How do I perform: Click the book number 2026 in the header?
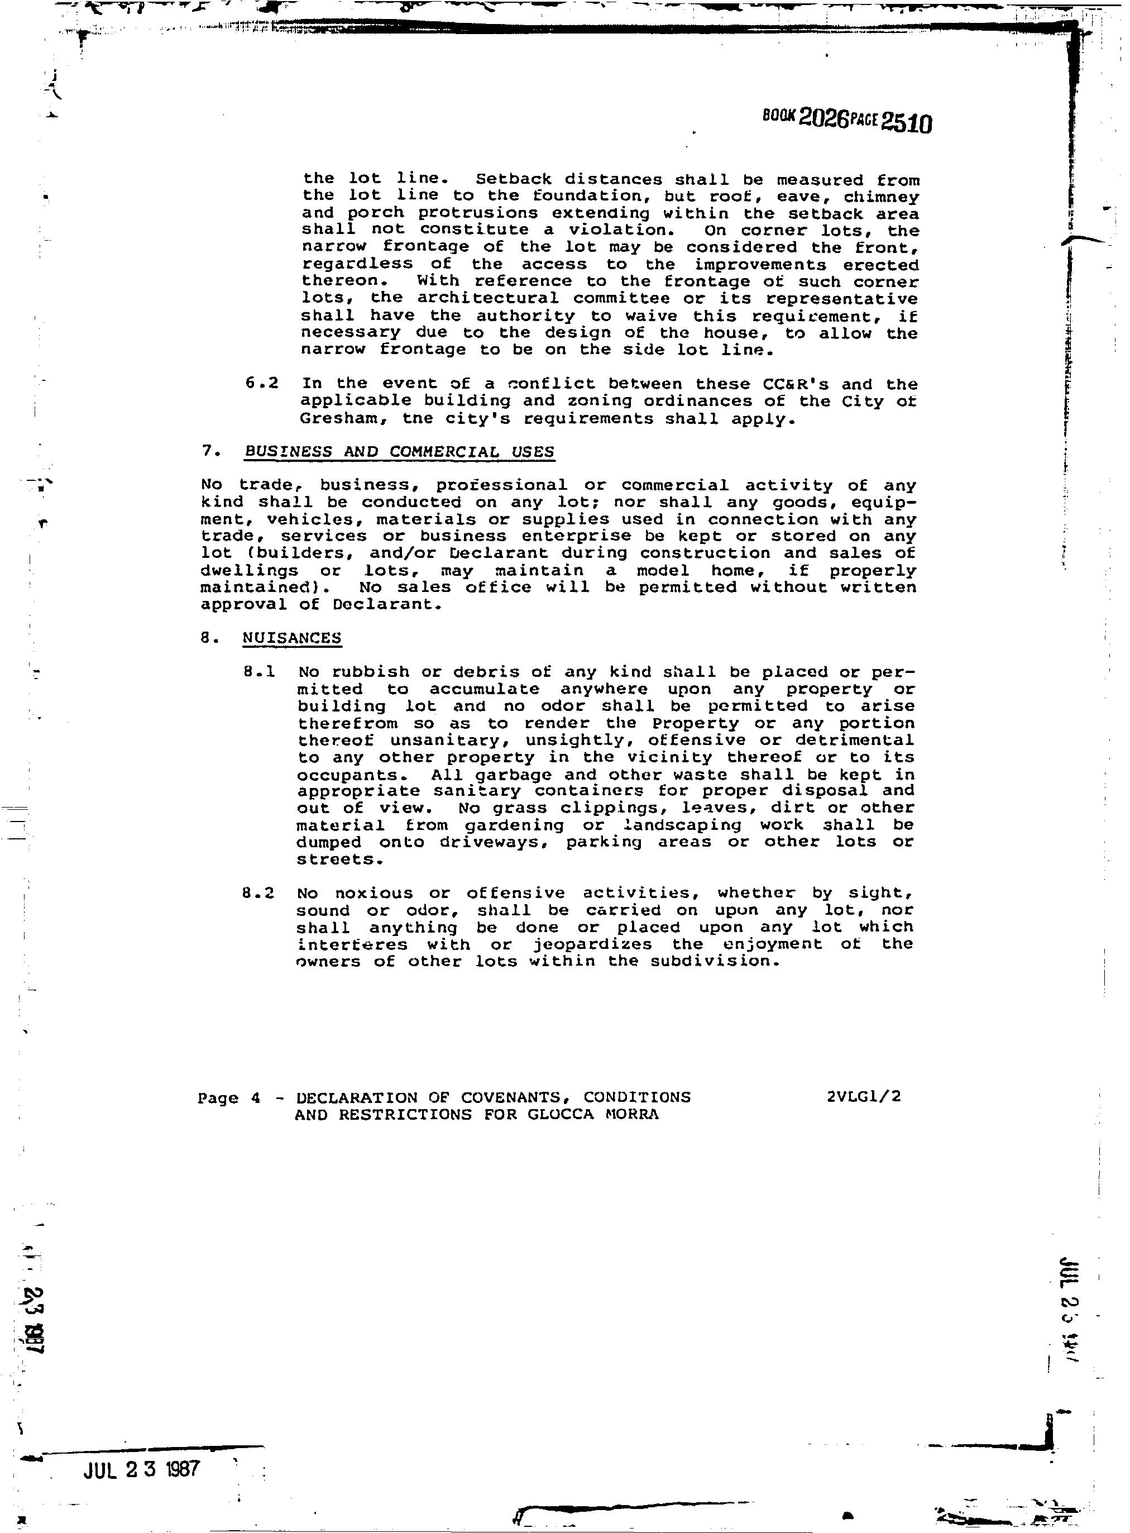tap(823, 118)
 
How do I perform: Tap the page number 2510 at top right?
tap(906, 123)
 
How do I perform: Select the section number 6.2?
tap(261, 383)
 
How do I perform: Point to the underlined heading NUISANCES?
tap(292, 638)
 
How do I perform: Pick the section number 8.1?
tap(259, 672)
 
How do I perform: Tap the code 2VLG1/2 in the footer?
tap(863, 1097)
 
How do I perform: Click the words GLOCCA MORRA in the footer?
tap(593, 1114)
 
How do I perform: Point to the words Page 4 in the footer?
tap(229, 1098)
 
